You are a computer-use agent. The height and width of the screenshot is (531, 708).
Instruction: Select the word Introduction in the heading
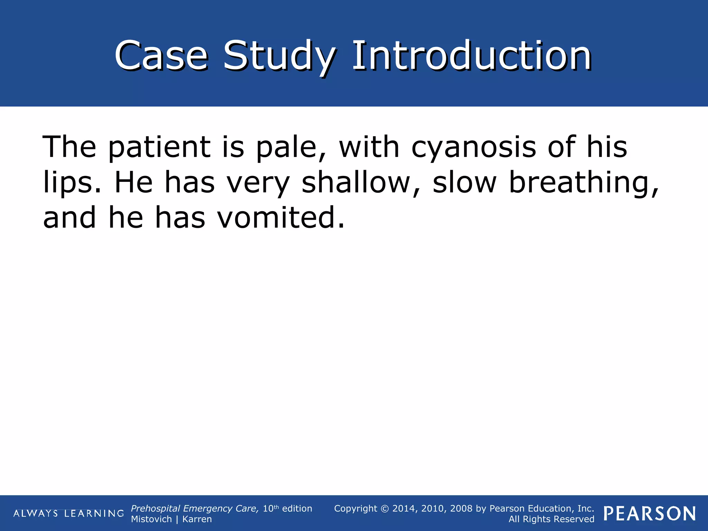(472, 55)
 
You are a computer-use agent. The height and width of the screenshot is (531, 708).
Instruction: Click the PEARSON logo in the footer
(650, 514)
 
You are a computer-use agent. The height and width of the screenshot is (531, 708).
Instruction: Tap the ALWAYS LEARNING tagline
(68, 513)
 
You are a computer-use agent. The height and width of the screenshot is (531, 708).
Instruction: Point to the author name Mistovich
(151, 519)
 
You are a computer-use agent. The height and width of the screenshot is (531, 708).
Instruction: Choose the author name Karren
(197, 519)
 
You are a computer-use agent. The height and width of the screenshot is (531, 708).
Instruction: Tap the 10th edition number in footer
(271, 509)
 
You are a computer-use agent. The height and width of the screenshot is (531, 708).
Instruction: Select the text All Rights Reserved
(551, 519)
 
